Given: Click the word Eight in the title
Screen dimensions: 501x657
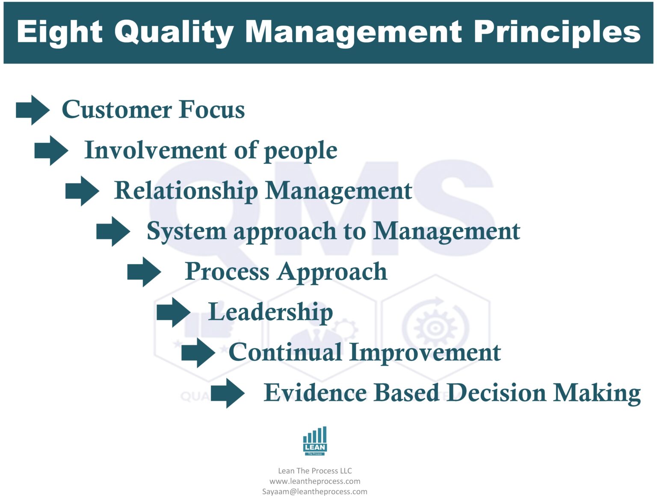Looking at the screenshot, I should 59,32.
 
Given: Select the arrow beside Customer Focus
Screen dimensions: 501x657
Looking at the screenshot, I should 33,110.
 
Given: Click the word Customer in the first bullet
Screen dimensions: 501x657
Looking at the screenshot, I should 116,110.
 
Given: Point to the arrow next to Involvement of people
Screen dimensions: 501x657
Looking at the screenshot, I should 51,150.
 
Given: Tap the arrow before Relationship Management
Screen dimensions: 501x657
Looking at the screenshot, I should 82,191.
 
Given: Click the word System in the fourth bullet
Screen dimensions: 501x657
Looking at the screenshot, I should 186,232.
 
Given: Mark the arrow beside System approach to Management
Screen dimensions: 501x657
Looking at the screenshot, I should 113,231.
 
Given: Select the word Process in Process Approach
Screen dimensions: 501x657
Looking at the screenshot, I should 227,272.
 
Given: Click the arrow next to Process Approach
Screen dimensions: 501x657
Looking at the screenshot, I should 144,272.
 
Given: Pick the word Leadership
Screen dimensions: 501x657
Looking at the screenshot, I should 270,312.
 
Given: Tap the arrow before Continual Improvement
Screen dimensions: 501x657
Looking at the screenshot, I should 198,353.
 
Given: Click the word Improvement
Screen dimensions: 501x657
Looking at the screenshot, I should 425,353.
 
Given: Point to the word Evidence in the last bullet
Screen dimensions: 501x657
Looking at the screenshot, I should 315,393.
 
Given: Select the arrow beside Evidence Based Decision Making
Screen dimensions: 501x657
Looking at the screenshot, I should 228,393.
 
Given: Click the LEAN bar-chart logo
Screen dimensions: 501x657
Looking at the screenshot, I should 315,441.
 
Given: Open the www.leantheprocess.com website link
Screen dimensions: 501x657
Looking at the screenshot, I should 315,481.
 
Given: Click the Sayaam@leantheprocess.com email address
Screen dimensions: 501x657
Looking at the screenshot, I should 315,492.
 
